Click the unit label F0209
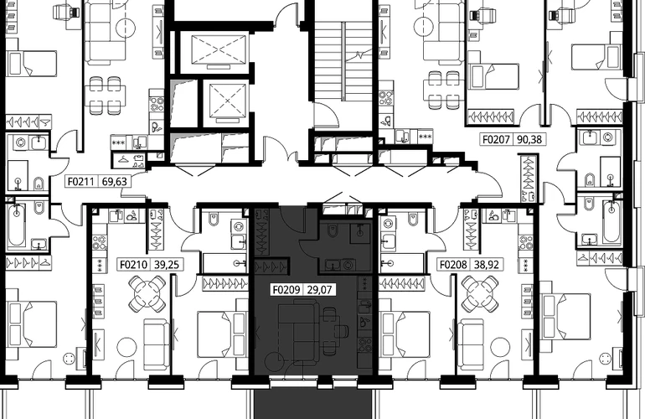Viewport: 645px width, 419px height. (x=286, y=290)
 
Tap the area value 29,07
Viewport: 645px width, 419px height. (x=320, y=290)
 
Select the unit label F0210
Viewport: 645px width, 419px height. (x=134, y=264)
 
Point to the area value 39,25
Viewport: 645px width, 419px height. (x=167, y=264)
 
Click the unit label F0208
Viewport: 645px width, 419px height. (x=454, y=264)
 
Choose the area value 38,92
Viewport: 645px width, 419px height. (x=487, y=264)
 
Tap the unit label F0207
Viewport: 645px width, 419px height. (x=497, y=140)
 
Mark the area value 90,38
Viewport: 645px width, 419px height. (x=529, y=140)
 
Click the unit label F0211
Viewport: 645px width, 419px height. (x=81, y=181)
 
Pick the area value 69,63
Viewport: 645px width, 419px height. (x=114, y=181)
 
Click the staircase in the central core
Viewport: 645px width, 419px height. (x=343, y=61)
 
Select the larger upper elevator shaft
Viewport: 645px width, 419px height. (x=219, y=49)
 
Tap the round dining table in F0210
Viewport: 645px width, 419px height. (x=147, y=293)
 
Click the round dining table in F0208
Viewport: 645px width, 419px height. (x=480, y=293)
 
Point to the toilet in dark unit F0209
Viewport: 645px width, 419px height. (x=333, y=232)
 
